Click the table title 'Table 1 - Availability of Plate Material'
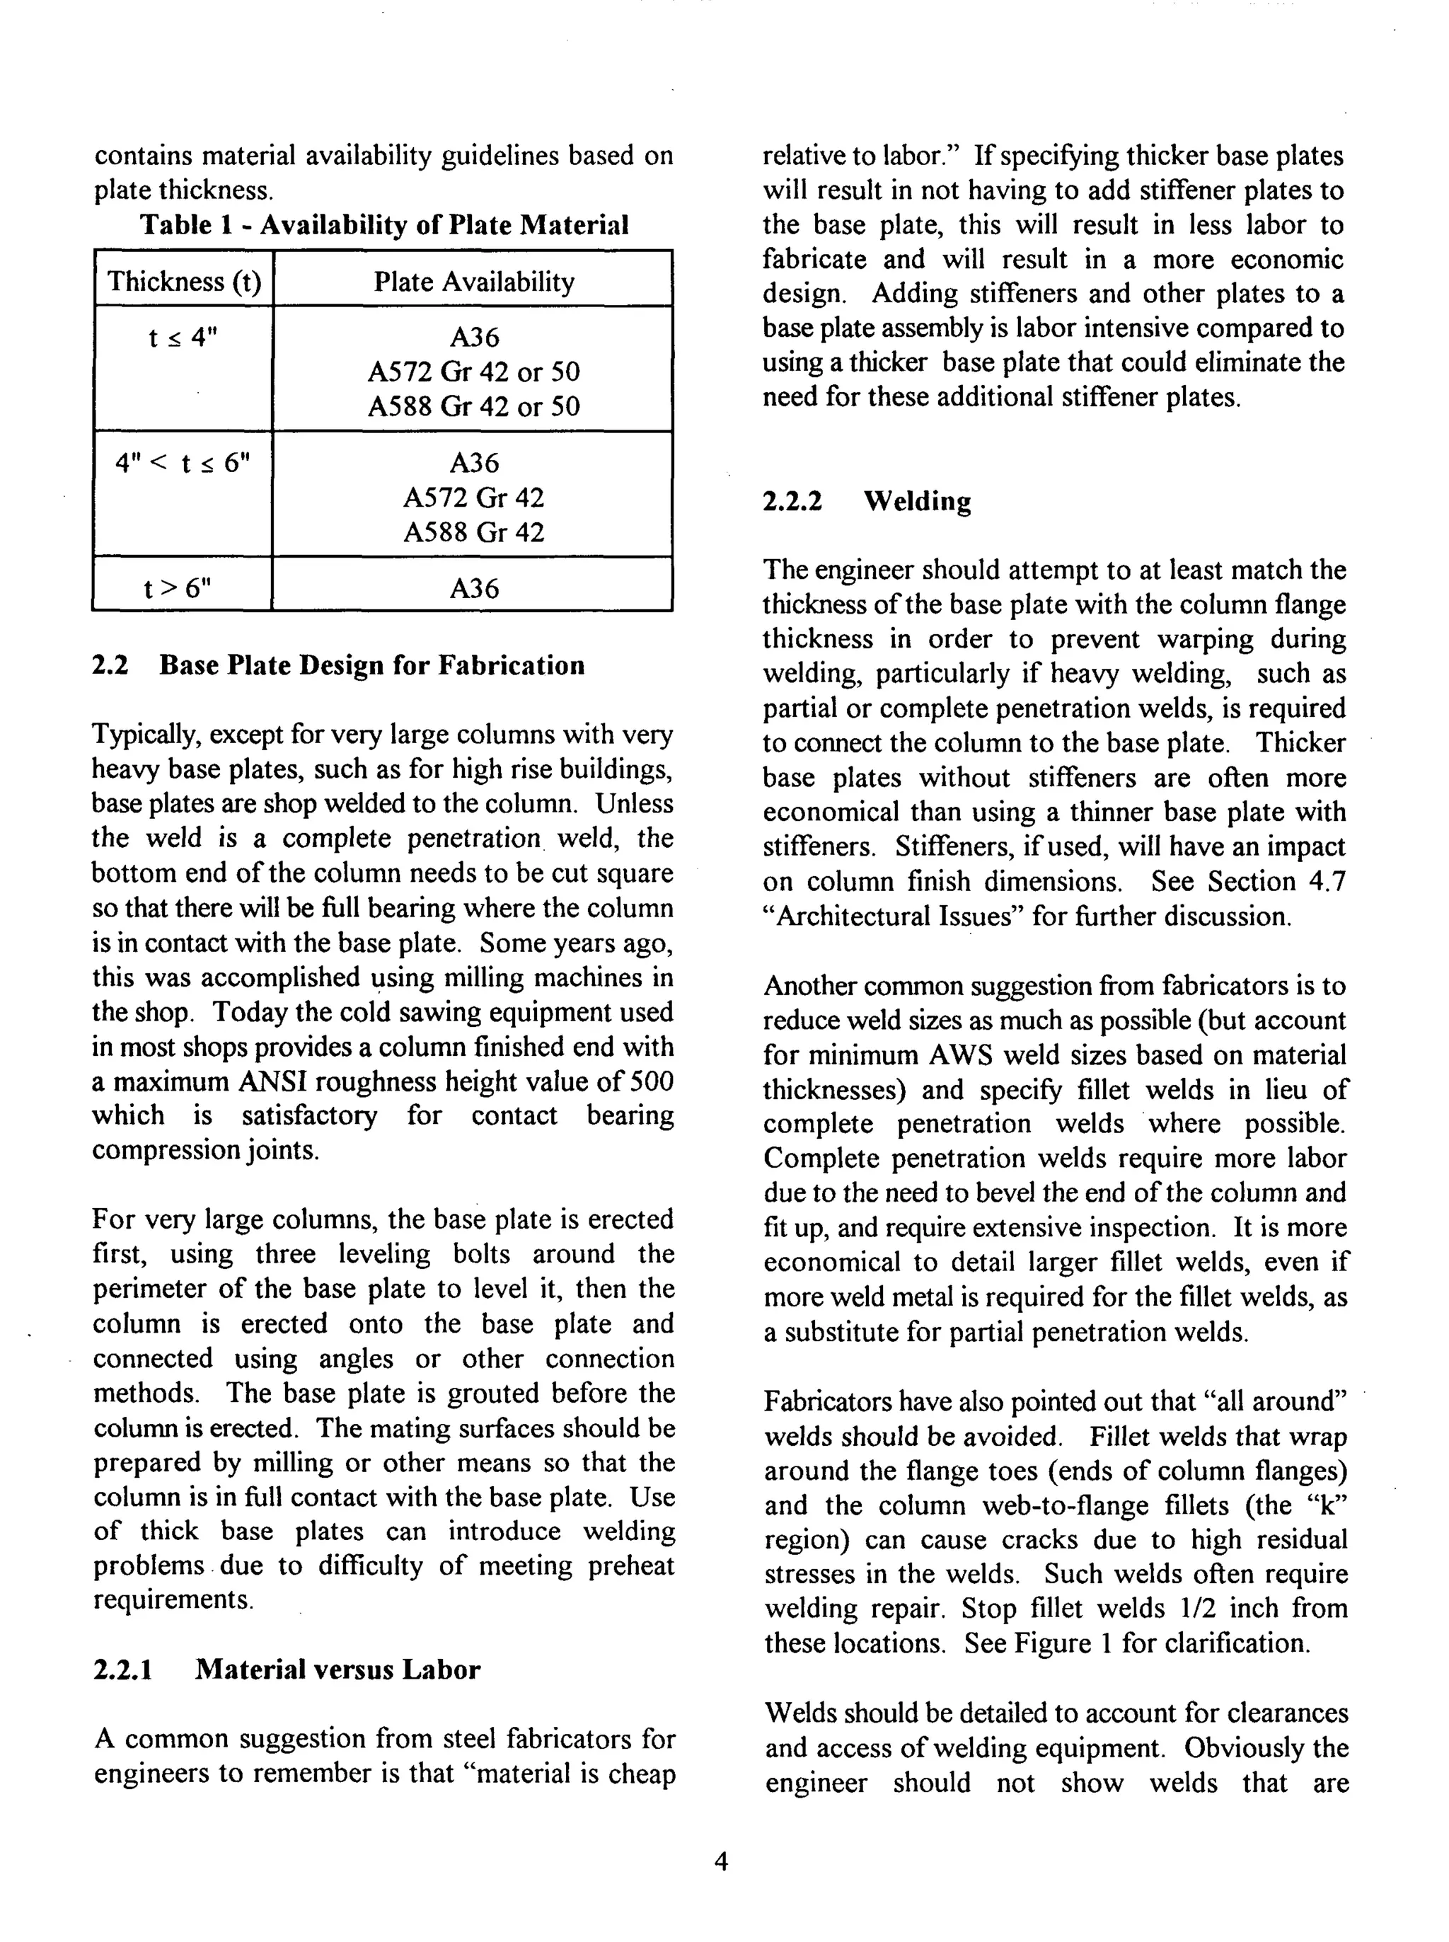pyautogui.click(x=384, y=226)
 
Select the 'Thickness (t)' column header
pyautogui.click(x=184, y=282)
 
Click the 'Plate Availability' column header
pyautogui.click(x=473, y=282)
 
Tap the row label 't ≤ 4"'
pyautogui.click(x=183, y=337)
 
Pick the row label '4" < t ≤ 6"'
pyautogui.click(x=183, y=462)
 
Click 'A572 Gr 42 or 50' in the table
pyautogui.click(x=473, y=372)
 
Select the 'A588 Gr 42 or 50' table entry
pyautogui.click(x=473, y=406)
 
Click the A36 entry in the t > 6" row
pyautogui.click(x=473, y=587)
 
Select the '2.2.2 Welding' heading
pyautogui.click(x=867, y=502)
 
